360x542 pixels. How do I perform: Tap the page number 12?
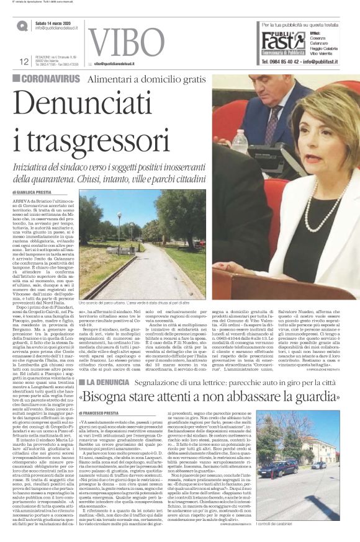pos(25,61)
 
